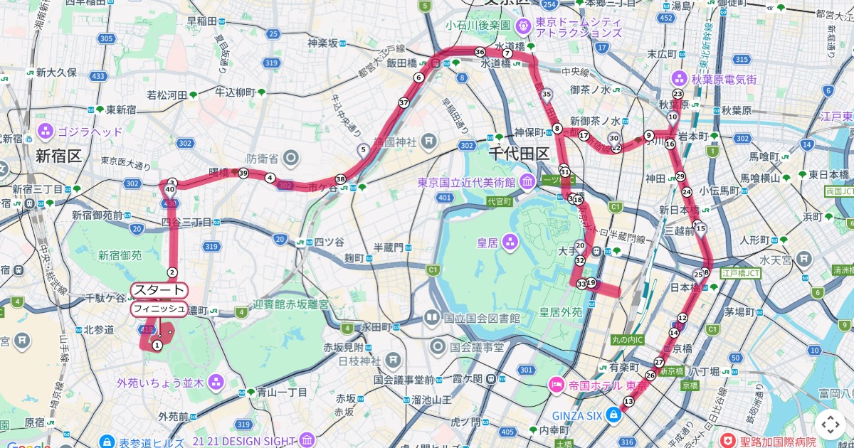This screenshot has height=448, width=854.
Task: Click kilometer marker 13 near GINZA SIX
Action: pos(628,402)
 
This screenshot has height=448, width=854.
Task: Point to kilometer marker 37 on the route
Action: pos(404,102)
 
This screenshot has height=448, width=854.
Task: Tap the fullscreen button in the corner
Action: pos(830,425)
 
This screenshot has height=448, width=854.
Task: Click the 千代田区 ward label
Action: pos(520,154)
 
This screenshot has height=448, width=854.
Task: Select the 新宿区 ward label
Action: pos(60,156)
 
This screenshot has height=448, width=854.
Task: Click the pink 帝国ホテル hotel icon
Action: pos(555,385)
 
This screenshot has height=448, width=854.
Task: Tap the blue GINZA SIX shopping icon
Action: pos(613,415)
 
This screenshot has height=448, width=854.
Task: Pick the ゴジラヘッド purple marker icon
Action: pos(46,132)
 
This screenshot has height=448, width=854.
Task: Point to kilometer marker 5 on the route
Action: pos(364,149)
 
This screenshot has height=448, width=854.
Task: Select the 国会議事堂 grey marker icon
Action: pos(438,348)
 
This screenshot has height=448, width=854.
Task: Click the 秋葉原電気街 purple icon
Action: pos(678,79)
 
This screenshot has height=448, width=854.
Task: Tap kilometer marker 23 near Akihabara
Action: pos(678,94)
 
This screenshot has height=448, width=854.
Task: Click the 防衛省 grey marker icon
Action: pos(292,157)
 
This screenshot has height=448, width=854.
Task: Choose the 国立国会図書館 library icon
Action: pos(432,317)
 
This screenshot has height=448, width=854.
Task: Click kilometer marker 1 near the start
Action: pos(157,345)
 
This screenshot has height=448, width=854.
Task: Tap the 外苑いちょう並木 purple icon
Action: pos(216,383)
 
